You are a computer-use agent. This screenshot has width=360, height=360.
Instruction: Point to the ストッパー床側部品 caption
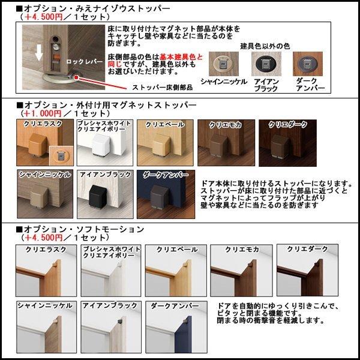coord(162,87)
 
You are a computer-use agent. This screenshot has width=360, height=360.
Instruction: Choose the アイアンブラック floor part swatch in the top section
coord(265,64)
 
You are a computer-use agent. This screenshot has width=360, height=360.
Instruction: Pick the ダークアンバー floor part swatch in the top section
coord(307,64)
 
